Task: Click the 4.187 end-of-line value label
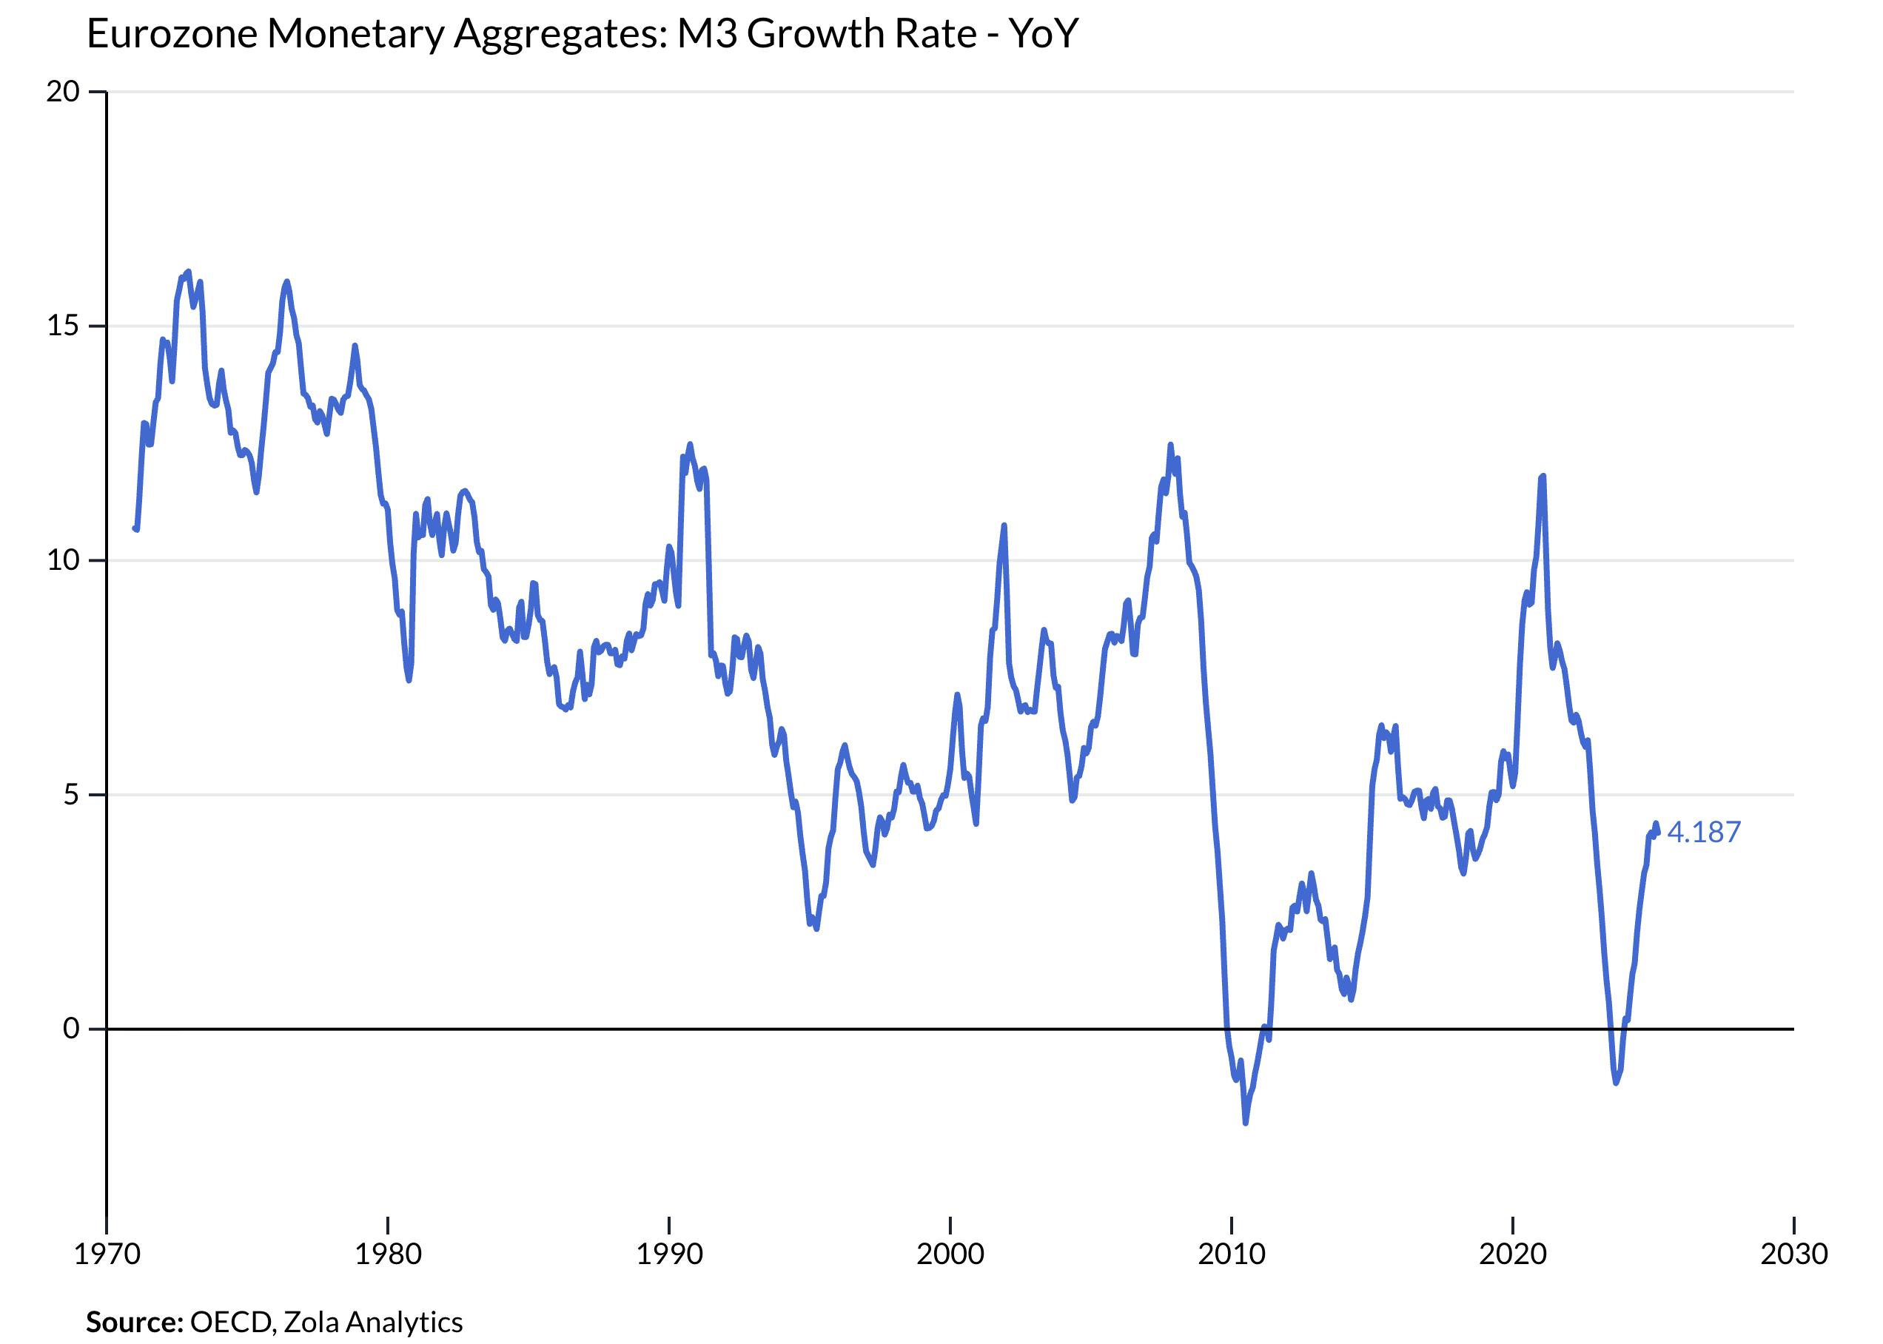pos(1702,832)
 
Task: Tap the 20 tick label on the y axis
pos(62,91)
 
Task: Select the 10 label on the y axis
pos(62,560)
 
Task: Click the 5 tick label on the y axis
pos(71,794)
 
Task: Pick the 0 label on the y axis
pos(71,1028)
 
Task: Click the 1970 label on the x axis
pos(107,1254)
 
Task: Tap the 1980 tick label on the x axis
pos(388,1254)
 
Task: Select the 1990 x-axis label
pos(669,1254)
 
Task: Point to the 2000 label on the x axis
pos(950,1254)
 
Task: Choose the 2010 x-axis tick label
pos(1232,1254)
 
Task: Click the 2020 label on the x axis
pos(1512,1254)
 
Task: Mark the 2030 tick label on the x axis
pos(1793,1254)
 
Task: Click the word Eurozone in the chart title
pos(171,34)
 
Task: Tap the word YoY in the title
pos(1043,34)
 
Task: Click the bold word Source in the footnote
pos(134,1322)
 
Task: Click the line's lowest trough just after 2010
pos(1246,1122)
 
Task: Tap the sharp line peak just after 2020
pos(1543,477)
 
